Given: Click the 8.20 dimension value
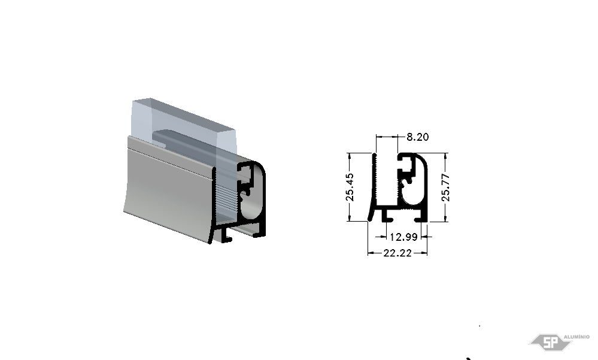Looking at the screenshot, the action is click(418, 137).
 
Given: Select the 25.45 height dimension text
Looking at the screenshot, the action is click(350, 187).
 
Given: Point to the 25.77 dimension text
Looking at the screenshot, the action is click(445, 187).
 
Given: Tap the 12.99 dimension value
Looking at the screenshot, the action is click(403, 237).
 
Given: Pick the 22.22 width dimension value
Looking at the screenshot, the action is click(397, 253).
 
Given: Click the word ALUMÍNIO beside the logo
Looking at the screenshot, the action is click(576, 337).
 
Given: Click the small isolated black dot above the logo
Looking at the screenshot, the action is click(479, 326).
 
